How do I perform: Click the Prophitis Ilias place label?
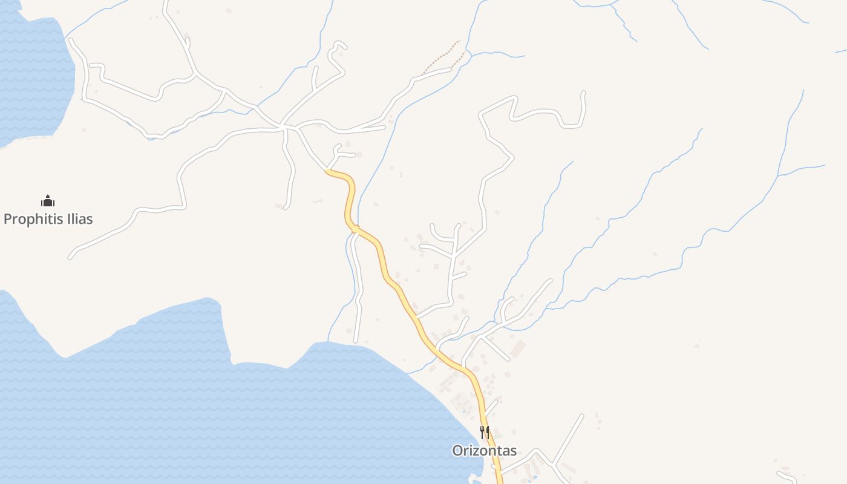(x=48, y=219)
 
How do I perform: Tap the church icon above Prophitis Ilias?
(x=48, y=201)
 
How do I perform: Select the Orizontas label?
(x=485, y=451)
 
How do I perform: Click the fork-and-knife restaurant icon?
(x=485, y=432)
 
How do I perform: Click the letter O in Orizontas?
(x=457, y=451)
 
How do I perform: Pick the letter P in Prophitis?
(x=8, y=219)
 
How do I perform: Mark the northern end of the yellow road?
(x=327, y=171)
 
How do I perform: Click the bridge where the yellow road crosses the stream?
(x=356, y=229)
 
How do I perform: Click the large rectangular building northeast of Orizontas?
(x=518, y=348)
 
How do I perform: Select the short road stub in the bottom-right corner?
(x=786, y=477)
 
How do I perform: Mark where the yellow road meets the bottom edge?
(x=500, y=482)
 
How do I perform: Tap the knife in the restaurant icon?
(x=488, y=432)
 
